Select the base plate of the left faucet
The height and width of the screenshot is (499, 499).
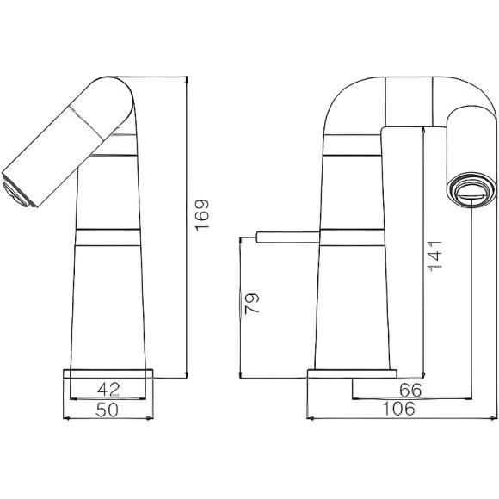pyautogui.click(x=108, y=372)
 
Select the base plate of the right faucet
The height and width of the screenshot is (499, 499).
pyautogui.click(x=353, y=373)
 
